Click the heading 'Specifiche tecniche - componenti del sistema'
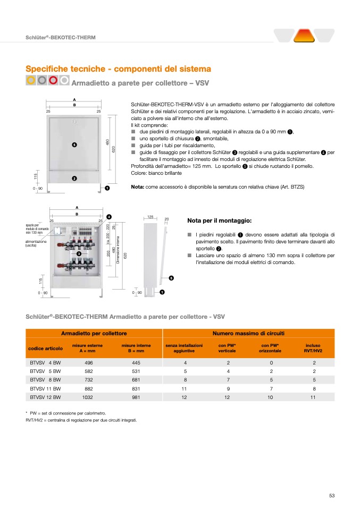118,69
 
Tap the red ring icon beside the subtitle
53,80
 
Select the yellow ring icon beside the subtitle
31,80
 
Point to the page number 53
332,496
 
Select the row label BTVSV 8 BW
45,379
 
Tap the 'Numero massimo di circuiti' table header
248,333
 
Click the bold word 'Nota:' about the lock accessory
137,187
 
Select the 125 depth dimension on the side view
150,217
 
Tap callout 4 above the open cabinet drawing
108,216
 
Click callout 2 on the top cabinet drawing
74,178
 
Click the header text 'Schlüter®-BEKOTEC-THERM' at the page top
61,37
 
